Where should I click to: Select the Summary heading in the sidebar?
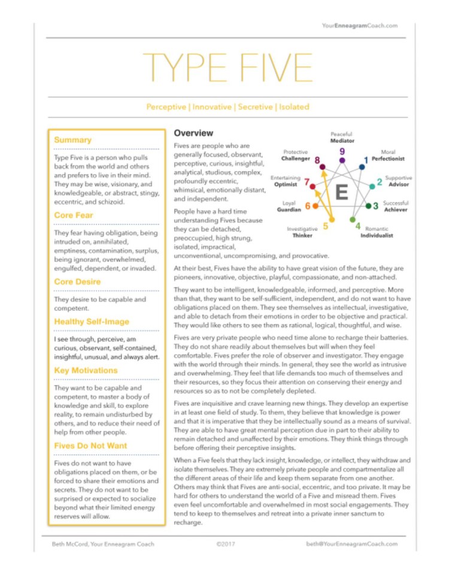(x=72, y=140)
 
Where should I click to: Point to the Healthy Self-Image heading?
(x=92, y=322)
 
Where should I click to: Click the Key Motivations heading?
(x=86, y=371)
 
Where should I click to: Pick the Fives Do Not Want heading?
(x=90, y=445)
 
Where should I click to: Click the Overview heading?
(x=193, y=132)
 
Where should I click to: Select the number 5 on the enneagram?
(x=325, y=226)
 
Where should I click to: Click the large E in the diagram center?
(x=342, y=193)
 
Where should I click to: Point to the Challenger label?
(x=296, y=159)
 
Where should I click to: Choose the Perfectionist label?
(x=388, y=159)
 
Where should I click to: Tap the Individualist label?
(x=377, y=236)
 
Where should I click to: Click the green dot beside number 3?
(x=369, y=206)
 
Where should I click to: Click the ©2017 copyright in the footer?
(x=224, y=544)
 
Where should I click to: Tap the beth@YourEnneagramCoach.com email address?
(x=351, y=544)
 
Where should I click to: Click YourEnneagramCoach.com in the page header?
(x=359, y=26)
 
